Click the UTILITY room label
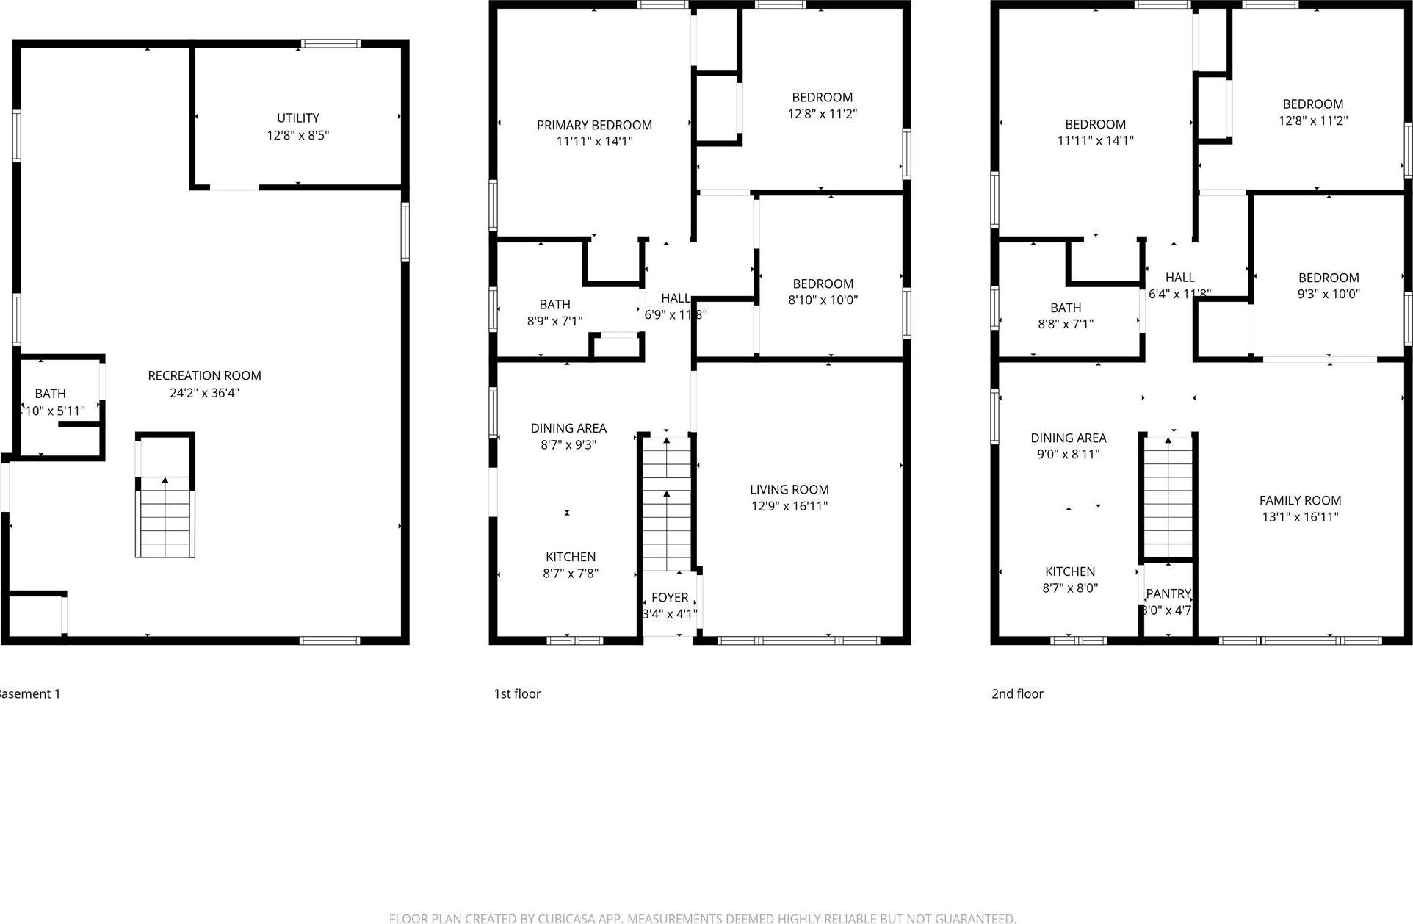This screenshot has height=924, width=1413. tap(297, 118)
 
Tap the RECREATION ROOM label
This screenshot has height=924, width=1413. tap(204, 375)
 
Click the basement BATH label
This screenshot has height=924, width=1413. tap(50, 394)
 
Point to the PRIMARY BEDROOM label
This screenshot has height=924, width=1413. tap(594, 125)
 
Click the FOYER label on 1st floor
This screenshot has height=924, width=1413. tap(669, 597)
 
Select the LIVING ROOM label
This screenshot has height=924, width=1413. tap(789, 489)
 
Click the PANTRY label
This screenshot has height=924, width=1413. tap(1168, 593)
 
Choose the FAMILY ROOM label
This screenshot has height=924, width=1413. tap(1299, 500)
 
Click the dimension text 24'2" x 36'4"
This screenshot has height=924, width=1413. tap(204, 393)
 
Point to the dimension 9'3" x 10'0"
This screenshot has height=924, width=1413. tap(1329, 294)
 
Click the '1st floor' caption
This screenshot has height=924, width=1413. tap(517, 693)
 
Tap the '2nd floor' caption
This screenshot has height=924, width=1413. tap(1017, 693)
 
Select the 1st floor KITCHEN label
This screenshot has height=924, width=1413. tap(570, 557)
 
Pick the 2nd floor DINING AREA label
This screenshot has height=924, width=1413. tap(1068, 438)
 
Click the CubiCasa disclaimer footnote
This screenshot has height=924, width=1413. tap(702, 918)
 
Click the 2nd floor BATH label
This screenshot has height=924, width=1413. tap(1065, 308)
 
